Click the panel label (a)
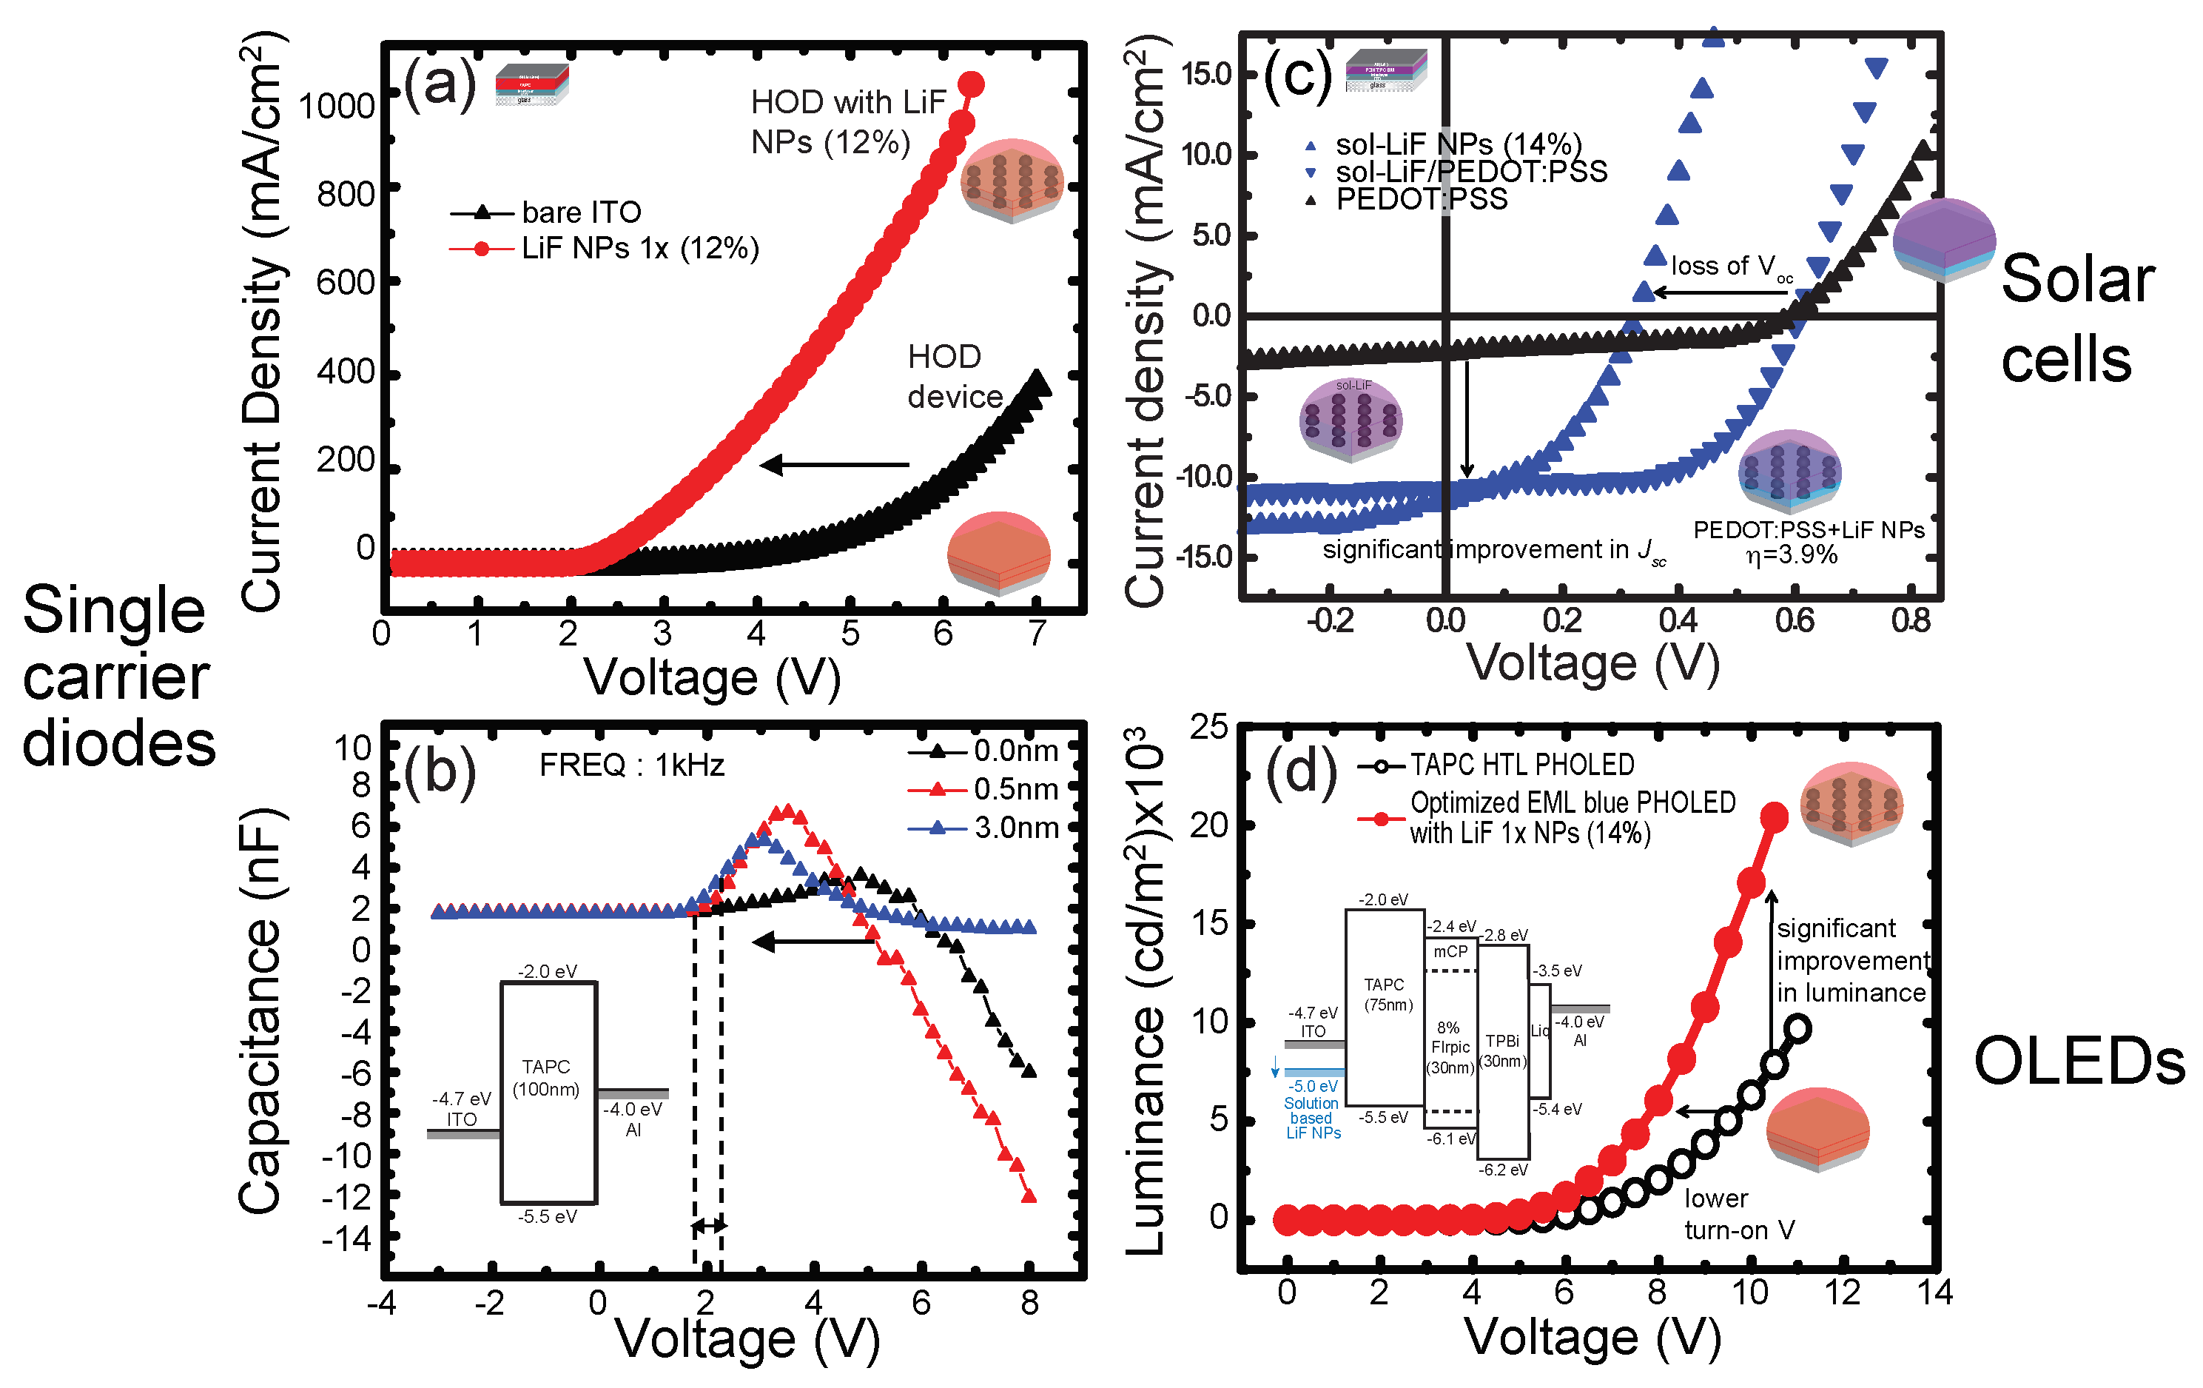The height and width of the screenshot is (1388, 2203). [439, 84]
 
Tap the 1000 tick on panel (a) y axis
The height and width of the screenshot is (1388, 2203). [337, 106]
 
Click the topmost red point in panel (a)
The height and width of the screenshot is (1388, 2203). [971, 85]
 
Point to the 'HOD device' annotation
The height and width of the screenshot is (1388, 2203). [954, 376]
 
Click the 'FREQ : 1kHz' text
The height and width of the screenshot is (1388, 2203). [631, 764]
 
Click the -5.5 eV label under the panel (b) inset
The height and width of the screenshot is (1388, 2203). [547, 1217]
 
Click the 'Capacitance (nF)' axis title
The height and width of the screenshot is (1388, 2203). [260, 1011]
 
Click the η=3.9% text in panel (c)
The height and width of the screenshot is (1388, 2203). [1790, 555]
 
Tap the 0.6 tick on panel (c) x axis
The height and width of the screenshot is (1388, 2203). [1794, 621]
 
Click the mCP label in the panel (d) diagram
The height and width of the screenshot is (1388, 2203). [1450, 951]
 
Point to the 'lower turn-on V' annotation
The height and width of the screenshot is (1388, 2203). [1738, 1214]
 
